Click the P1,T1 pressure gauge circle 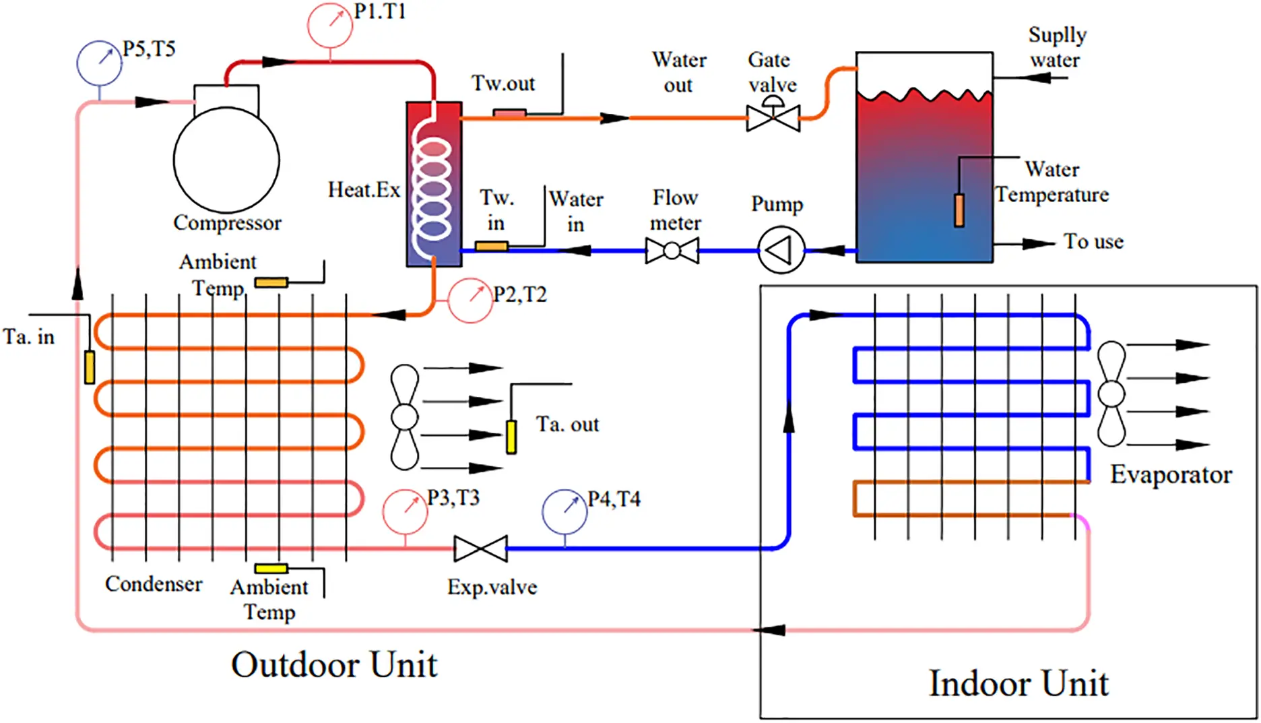[x=329, y=25]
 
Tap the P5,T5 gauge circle [x=99, y=63]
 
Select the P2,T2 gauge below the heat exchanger [x=470, y=301]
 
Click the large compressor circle [x=226, y=160]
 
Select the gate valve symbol [x=773, y=118]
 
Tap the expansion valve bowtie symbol [x=480, y=548]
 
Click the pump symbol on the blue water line [x=781, y=251]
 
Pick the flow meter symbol [x=672, y=251]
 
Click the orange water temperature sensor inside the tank [x=959, y=210]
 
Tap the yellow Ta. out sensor [x=511, y=437]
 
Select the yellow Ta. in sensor [x=89, y=367]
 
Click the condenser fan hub [x=404, y=417]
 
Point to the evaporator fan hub [x=1111, y=394]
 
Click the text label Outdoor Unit [x=334, y=664]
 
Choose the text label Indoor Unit [x=1018, y=683]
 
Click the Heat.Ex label [x=364, y=190]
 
